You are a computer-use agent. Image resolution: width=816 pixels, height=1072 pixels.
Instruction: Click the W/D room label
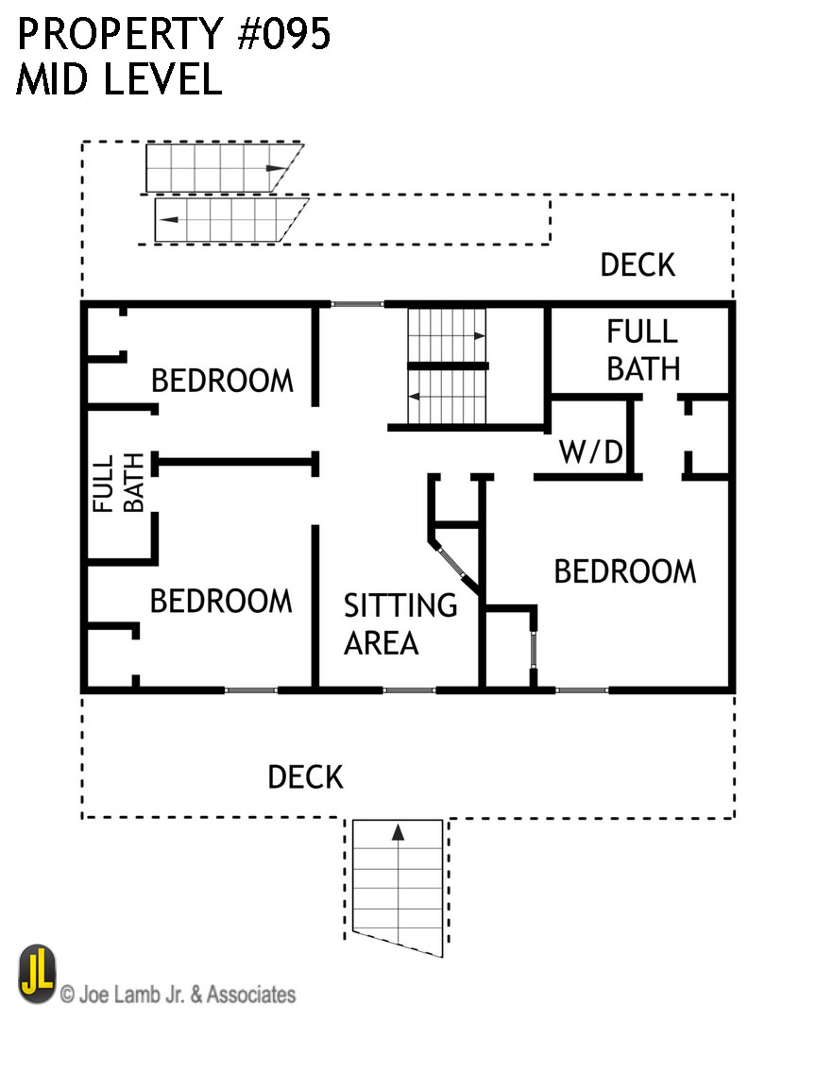pyautogui.click(x=591, y=453)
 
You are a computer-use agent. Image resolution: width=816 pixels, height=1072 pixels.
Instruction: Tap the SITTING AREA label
pyautogui.click(x=399, y=623)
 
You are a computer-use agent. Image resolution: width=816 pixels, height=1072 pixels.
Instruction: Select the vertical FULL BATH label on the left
pyautogui.click(x=119, y=484)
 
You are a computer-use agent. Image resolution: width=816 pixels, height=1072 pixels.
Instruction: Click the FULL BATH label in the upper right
pyautogui.click(x=642, y=349)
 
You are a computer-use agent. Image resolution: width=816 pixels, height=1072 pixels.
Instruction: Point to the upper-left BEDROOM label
pyautogui.click(x=223, y=381)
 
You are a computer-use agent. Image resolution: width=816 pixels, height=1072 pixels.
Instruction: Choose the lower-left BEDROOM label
pyautogui.click(x=221, y=601)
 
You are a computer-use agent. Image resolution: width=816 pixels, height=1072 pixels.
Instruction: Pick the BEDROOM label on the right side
pyautogui.click(x=624, y=571)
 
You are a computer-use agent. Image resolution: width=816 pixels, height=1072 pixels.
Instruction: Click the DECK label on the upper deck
pyautogui.click(x=637, y=265)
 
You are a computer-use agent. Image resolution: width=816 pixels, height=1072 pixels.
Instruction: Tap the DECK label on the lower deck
pyautogui.click(x=305, y=777)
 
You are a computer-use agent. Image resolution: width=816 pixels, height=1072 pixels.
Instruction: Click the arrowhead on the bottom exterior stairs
pyautogui.click(x=398, y=832)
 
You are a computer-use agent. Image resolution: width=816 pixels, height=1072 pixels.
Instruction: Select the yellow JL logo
pyautogui.click(x=37, y=974)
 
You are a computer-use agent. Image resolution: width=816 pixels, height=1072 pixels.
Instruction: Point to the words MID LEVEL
pyautogui.click(x=119, y=79)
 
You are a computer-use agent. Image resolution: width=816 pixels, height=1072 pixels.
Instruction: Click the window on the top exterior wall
pyautogui.click(x=357, y=304)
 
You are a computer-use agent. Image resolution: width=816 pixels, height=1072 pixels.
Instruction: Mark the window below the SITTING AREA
pyautogui.click(x=409, y=690)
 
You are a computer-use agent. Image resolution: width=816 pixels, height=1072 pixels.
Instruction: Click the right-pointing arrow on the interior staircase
pyautogui.click(x=480, y=335)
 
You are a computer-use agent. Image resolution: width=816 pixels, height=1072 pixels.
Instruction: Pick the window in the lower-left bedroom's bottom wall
pyautogui.click(x=251, y=690)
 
